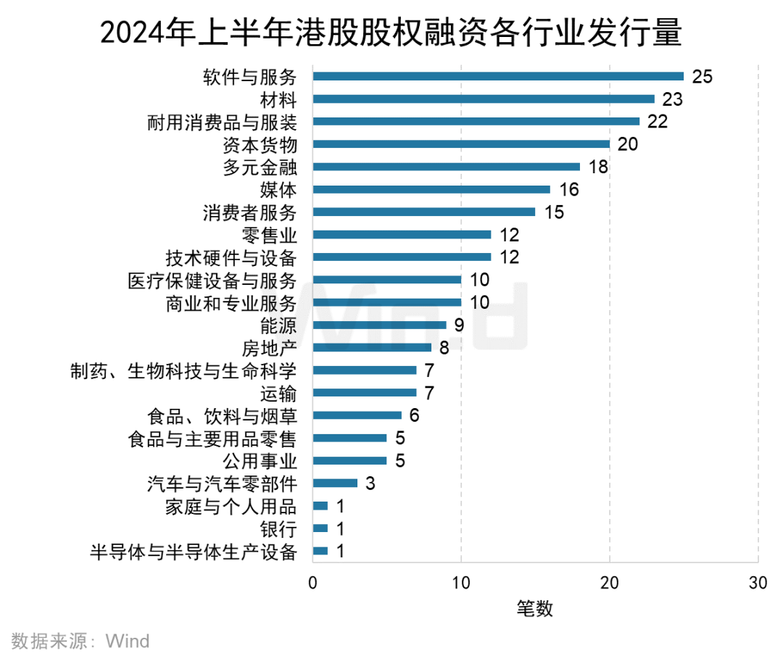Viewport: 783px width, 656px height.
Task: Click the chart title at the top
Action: [391, 33]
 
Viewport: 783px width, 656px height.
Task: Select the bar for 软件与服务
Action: [498, 76]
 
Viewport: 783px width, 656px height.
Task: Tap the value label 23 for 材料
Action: [672, 99]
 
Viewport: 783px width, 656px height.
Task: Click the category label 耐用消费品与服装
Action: [222, 122]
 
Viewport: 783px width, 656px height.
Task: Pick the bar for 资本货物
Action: [461, 144]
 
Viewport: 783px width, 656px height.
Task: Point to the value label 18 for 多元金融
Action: [598, 167]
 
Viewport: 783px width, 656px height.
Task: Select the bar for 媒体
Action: [431, 190]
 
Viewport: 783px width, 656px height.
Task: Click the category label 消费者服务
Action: [249, 212]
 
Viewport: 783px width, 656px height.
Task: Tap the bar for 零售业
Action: [402, 235]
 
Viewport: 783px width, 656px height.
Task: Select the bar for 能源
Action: [379, 325]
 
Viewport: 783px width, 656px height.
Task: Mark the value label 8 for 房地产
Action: [444, 347]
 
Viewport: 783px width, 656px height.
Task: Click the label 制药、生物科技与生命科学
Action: [183, 370]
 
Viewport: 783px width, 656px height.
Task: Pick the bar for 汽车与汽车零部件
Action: [335, 483]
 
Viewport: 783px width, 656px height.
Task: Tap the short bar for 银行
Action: [320, 528]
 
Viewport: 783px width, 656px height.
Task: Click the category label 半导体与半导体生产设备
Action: [194, 552]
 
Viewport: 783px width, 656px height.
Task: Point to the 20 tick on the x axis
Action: [610, 583]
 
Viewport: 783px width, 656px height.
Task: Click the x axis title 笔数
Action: [535, 608]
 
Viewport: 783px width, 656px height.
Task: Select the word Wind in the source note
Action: [128, 641]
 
